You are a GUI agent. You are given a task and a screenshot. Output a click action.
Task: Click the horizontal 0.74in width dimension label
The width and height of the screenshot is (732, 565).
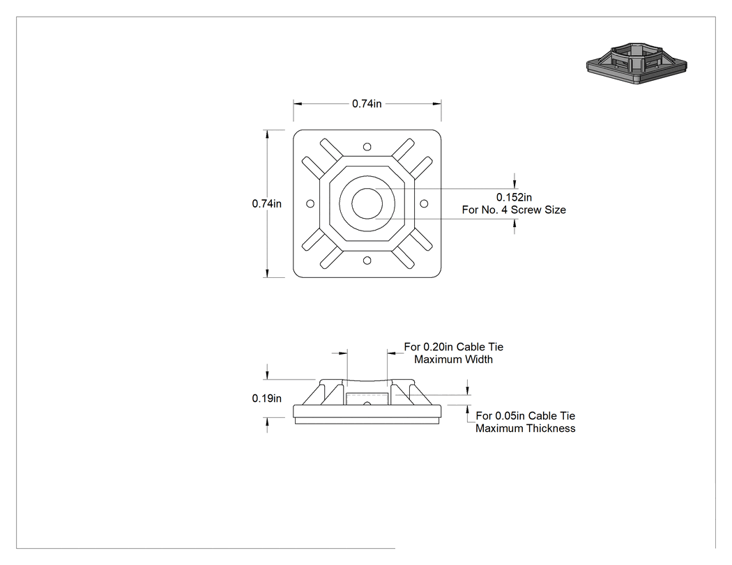click(x=367, y=104)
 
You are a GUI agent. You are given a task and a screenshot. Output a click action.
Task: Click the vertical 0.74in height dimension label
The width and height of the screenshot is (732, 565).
click(x=266, y=203)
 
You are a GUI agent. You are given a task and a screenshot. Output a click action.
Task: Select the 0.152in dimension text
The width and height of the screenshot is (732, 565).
click(x=514, y=197)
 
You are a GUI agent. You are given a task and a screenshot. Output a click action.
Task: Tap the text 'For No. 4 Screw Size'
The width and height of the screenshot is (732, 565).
click(x=514, y=210)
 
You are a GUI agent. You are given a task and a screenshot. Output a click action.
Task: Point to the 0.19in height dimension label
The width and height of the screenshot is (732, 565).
click(x=266, y=398)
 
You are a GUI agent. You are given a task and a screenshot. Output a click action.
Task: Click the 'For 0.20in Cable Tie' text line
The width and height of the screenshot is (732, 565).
click(x=454, y=347)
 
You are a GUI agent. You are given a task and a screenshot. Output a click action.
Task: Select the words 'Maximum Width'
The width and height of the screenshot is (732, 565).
click(x=454, y=359)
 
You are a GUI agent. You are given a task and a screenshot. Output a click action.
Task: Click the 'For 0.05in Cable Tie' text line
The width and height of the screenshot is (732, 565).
click(x=525, y=416)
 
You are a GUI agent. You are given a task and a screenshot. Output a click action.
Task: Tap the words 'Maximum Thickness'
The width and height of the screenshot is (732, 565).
click(x=525, y=428)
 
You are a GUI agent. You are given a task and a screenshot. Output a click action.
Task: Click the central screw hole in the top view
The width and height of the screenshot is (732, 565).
click(x=367, y=203)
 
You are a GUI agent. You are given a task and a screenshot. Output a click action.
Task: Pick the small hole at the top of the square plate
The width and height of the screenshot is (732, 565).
click(x=367, y=147)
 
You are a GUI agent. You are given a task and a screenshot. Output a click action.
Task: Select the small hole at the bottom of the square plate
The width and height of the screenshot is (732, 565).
click(x=367, y=261)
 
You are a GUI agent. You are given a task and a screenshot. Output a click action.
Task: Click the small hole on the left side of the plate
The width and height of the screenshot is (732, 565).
click(x=310, y=203)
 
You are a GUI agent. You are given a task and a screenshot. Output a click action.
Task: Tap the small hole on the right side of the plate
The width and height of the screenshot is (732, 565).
click(x=424, y=203)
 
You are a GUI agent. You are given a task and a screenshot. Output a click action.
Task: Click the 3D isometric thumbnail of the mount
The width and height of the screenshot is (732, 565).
click(x=636, y=64)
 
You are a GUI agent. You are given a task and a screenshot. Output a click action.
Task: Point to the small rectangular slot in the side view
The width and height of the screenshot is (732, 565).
click(x=367, y=399)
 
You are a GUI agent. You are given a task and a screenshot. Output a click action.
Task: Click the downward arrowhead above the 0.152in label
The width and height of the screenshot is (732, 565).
click(x=514, y=185)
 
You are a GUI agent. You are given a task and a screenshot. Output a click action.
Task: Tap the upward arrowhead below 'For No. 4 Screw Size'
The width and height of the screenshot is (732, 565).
click(x=514, y=223)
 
